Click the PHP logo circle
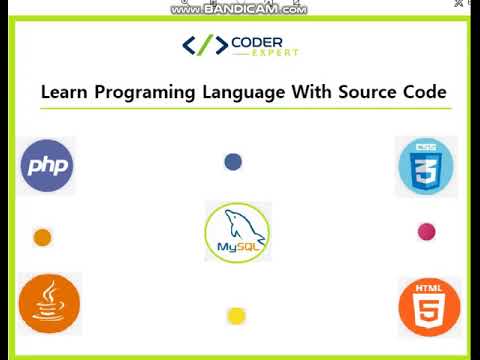pos(47,164)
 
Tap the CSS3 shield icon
pos(427,166)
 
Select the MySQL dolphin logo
pos(238,231)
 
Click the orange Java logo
pos(49,302)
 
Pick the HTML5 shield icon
pos(429,307)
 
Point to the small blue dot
pos(233,161)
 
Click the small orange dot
pos(42,237)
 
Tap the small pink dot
pos(426,232)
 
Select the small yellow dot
pos(236,316)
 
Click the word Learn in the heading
pos(59,92)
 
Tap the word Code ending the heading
pos(425,92)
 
